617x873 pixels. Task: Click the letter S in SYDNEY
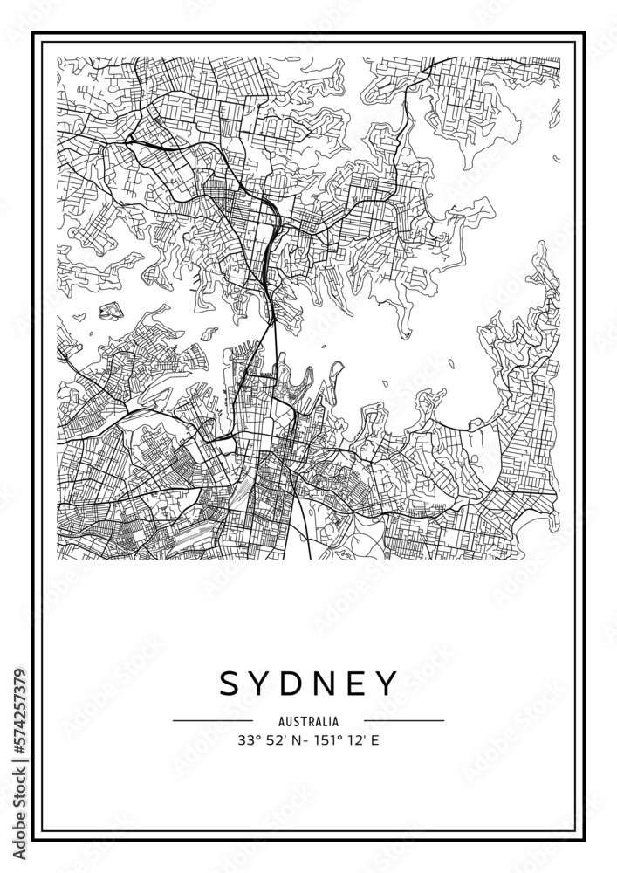230,684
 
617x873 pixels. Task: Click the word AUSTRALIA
309,722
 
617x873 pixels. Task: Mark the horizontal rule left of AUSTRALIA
213,721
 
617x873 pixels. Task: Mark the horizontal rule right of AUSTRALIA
404,721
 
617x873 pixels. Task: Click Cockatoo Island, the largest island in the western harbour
112,312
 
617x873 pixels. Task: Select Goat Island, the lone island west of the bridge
209,333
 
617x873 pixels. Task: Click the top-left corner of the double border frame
34,34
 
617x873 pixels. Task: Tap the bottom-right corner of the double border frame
583,839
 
